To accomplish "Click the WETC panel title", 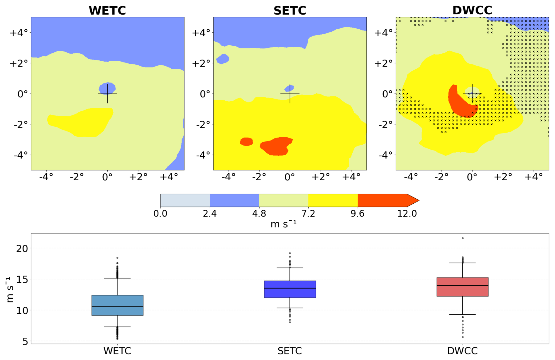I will click(x=107, y=11).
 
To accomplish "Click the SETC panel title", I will click(x=290, y=11).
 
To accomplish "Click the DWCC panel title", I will click(x=472, y=10).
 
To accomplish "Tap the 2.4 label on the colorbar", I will click(x=209, y=214).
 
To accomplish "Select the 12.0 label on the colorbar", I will click(x=407, y=214).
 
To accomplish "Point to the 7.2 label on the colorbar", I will click(x=308, y=214).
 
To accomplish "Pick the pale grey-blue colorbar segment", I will click(x=185, y=200).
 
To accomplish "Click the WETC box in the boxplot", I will click(x=117, y=305).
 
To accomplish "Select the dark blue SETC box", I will click(x=290, y=289).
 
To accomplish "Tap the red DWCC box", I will click(x=462, y=287).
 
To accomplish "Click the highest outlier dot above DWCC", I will click(x=463, y=238).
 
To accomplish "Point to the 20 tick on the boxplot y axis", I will click(x=22, y=249).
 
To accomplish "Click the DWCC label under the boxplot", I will click(x=462, y=351).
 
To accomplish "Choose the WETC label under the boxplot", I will click(x=117, y=351).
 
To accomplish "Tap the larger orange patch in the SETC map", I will click(x=276, y=146).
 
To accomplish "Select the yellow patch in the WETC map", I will click(x=85, y=122).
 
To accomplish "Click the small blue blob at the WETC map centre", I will click(x=107, y=88).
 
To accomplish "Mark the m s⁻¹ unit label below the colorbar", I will click(x=283, y=224).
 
